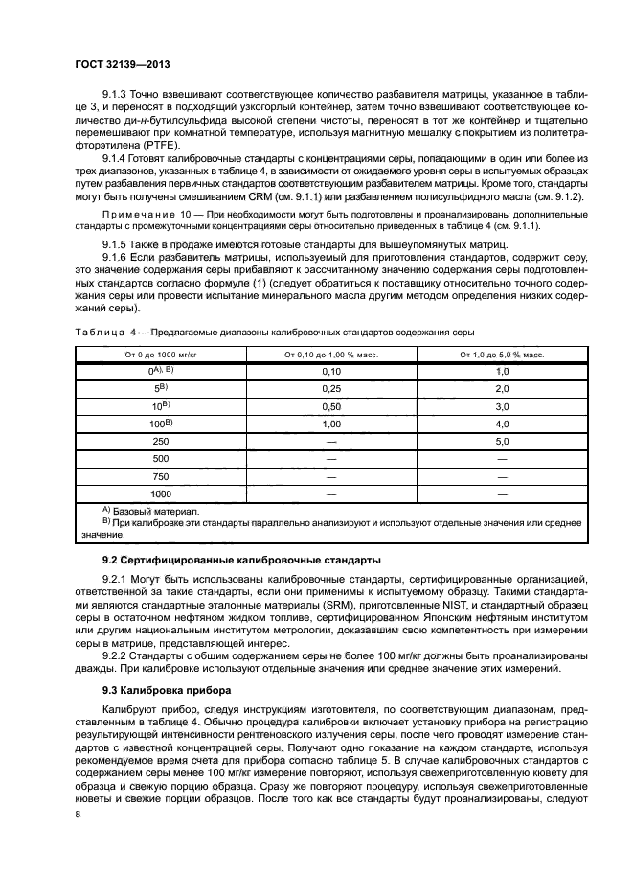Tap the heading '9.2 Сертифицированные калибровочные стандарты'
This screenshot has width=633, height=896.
click(241, 559)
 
